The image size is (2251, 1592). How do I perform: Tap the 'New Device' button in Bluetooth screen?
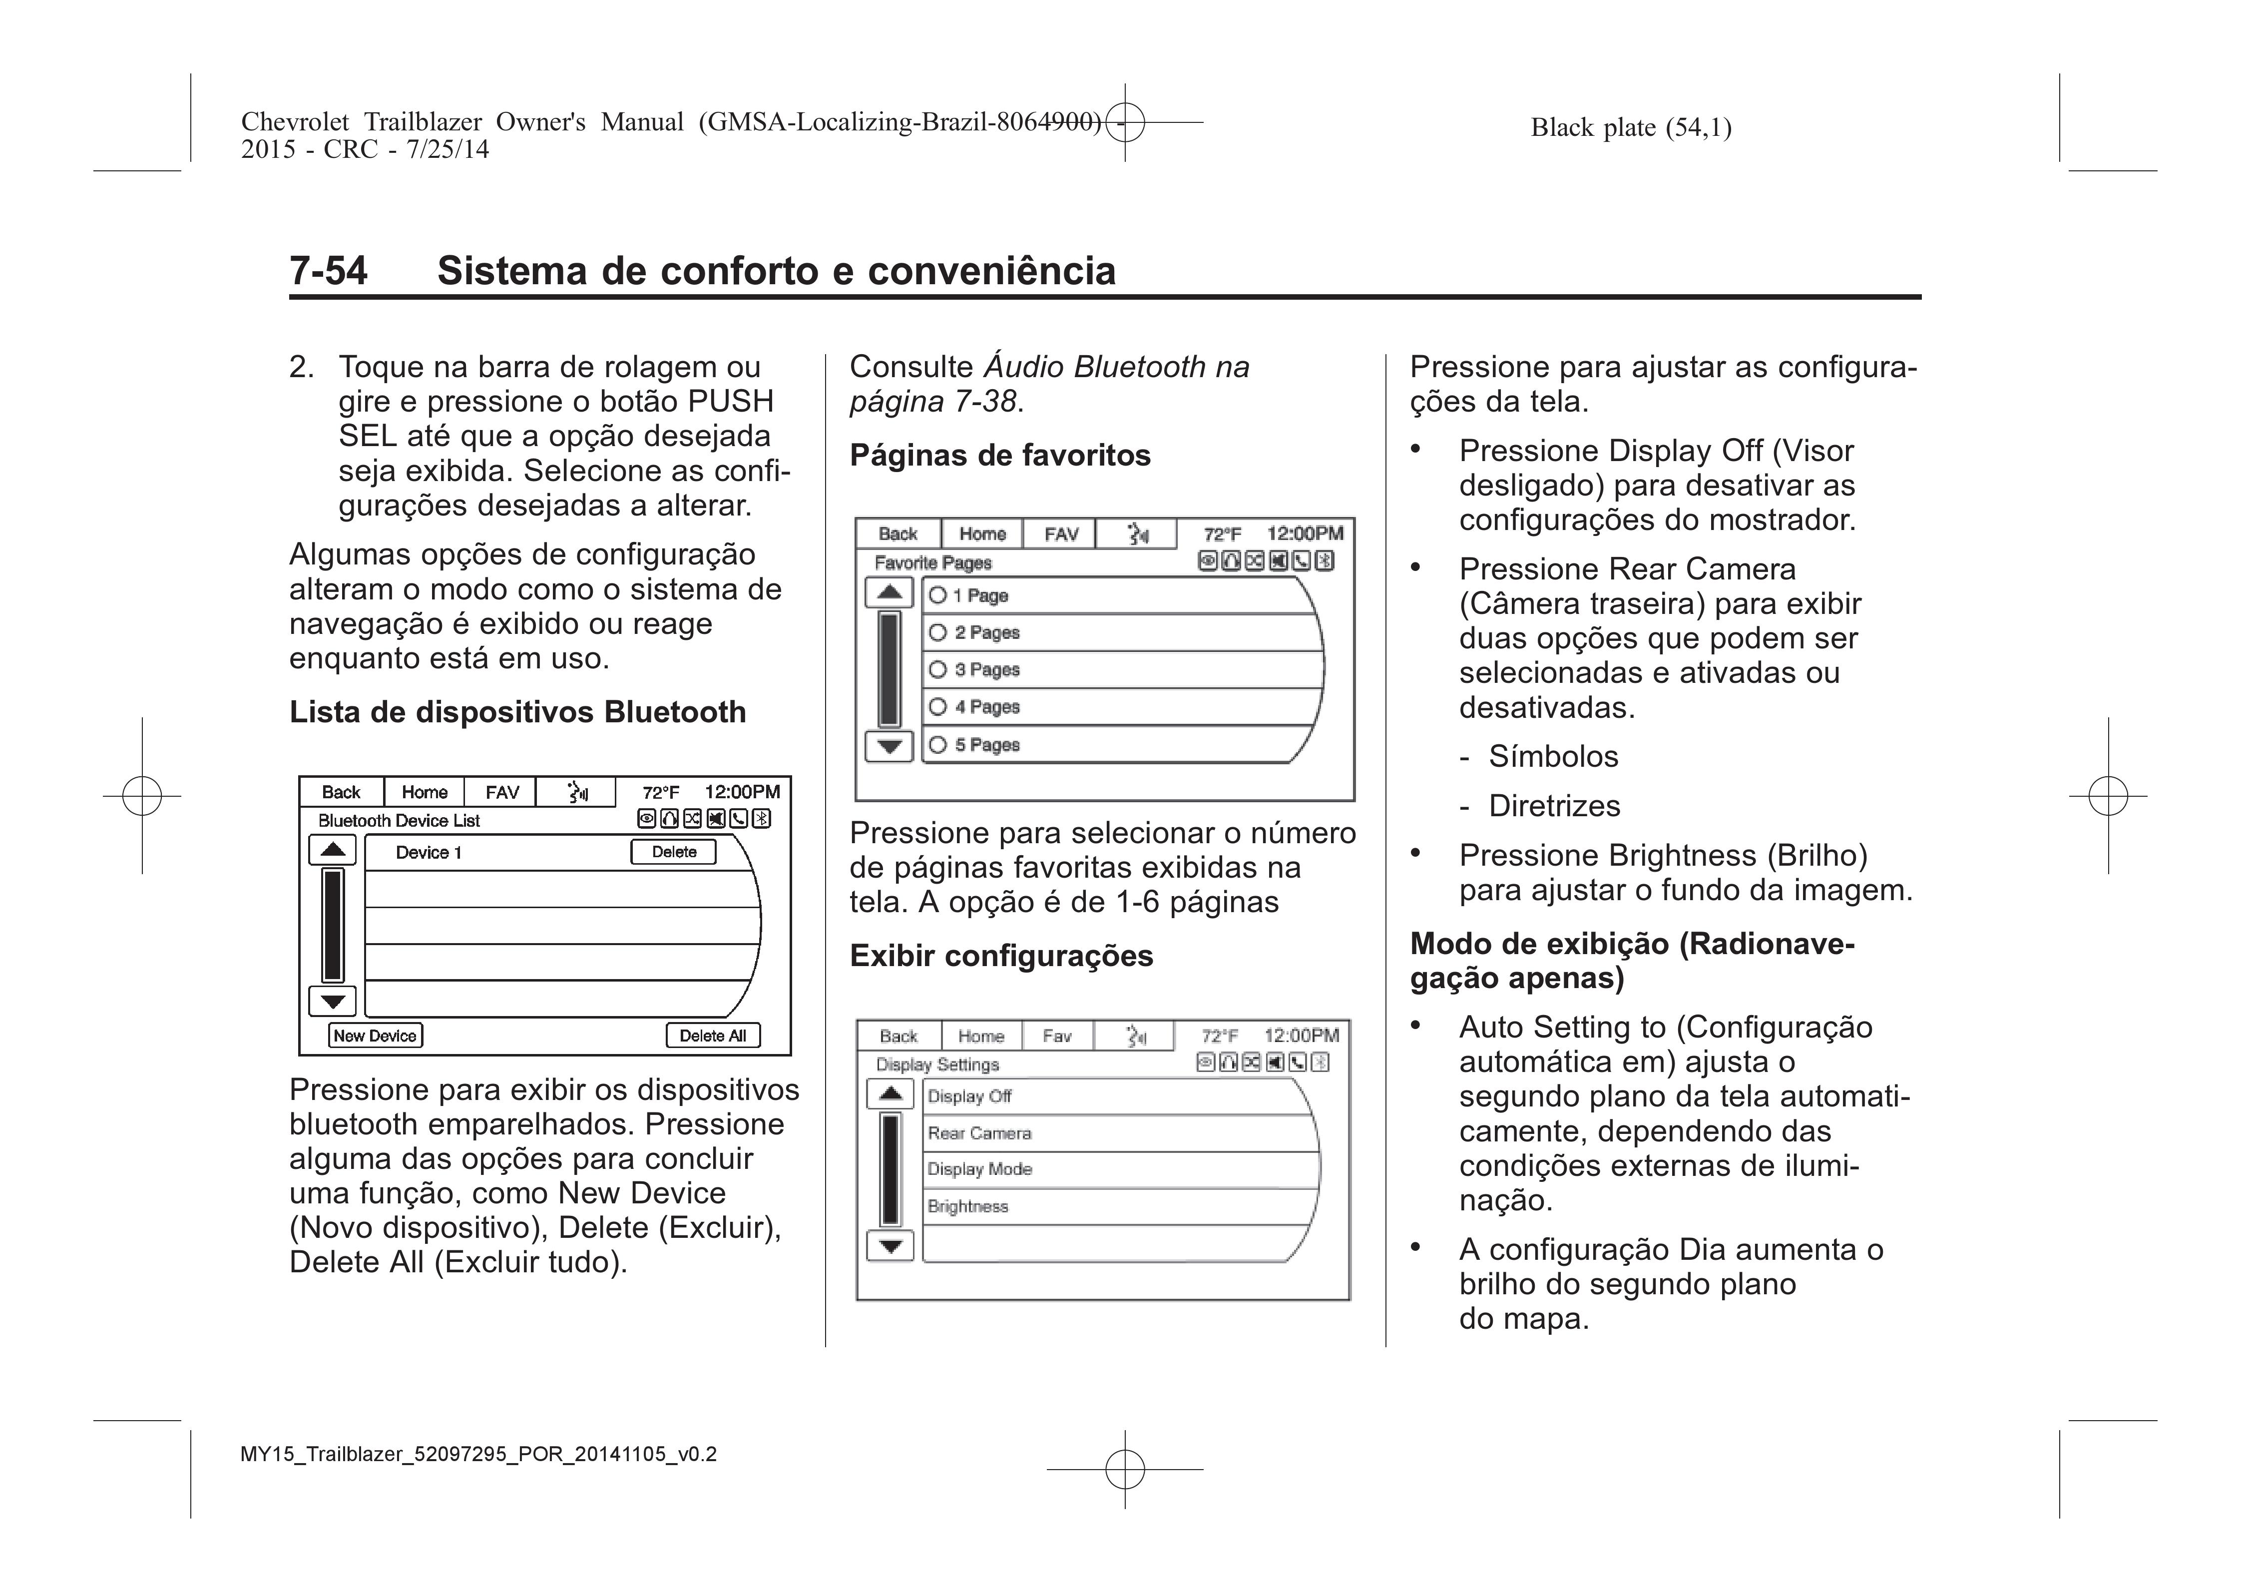pyautogui.click(x=376, y=1036)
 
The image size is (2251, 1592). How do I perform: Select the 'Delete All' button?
pyautogui.click(x=713, y=1036)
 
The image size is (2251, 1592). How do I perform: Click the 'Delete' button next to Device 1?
pyautogui.click(x=674, y=852)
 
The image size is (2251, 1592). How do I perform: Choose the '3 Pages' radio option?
pyautogui.click(x=938, y=669)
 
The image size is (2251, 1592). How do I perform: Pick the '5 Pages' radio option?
pyautogui.click(x=938, y=745)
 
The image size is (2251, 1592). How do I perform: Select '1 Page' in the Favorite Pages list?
pyautogui.click(x=938, y=595)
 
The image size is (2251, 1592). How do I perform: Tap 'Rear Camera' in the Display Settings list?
pyautogui.click(x=979, y=1133)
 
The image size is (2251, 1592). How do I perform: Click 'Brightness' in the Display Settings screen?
pyautogui.click(x=967, y=1207)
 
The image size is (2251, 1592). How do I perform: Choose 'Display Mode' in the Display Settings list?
pyautogui.click(x=979, y=1169)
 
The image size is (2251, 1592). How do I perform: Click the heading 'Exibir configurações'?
pyautogui.click(x=1001, y=956)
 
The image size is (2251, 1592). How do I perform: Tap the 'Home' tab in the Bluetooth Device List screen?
pyautogui.click(x=425, y=792)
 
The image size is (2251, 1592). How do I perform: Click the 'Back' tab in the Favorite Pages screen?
pyautogui.click(x=898, y=534)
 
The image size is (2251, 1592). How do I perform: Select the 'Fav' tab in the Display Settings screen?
pyautogui.click(x=1057, y=1036)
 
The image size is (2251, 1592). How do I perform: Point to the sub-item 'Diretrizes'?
pyautogui.click(x=1554, y=806)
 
